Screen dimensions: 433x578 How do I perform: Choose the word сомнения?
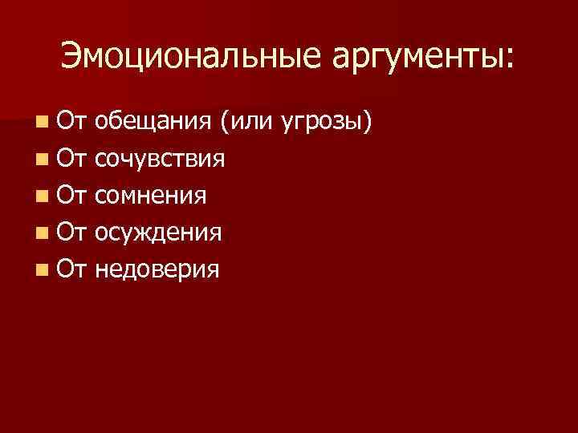point(152,196)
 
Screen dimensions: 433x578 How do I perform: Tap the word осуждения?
point(158,233)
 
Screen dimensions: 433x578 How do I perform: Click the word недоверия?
point(157,269)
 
